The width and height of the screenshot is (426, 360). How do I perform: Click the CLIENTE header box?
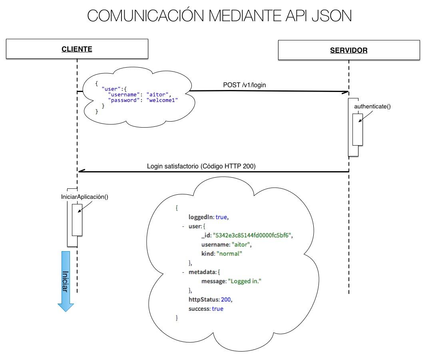pyautogui.click(x=77, y=49)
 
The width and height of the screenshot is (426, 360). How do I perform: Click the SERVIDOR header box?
pyautogui.click(x=348, y=50)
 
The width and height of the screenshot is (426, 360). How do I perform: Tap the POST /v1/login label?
pyautogui.click(x=245, y=85)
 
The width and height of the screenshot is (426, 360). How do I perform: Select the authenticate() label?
pyautogui.click(x=372, y=106)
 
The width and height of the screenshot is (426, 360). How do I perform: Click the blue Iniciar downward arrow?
pyautogui.click(x=66, y=280)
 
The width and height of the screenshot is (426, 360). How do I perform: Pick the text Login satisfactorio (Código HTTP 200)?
pyautogui.click(x=201, y=166)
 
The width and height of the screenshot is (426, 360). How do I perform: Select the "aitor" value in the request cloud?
pyautogui.click(x=158, y=94)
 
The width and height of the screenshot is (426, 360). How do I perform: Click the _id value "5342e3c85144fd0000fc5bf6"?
pyautogui.click(x=256, y=235)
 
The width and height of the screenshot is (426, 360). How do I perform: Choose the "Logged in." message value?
pyautogui.click(x=244, y=281)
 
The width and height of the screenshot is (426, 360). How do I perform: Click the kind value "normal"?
pyautogui.click(x=229, y=254)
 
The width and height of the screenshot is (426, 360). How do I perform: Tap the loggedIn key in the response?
pyautogui.click(x=201, y=217)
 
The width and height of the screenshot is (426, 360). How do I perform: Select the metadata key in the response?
pyautogui.click(x=202, y=272)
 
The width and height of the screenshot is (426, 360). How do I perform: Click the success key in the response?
pyautogui.click(x=199, y=309)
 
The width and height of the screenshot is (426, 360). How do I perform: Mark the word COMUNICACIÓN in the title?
pyautogui.click(x=145, y=16)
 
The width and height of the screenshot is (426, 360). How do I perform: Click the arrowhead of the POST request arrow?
pyautogui.click(x=346, y=92)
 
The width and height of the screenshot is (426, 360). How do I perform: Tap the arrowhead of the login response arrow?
pyautogui.click(x=80, y=171)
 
